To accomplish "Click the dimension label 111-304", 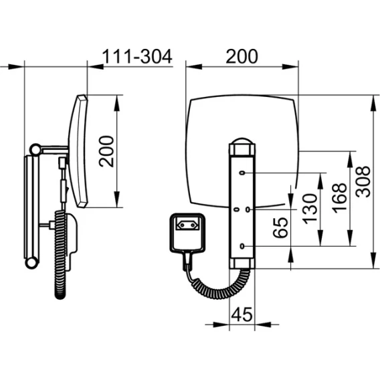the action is coord(137,56).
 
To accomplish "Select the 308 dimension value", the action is coord(363,181).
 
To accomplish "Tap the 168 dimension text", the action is coord(339,198).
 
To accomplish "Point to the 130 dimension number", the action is coord(310,209).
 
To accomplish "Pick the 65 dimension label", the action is coord(280,227).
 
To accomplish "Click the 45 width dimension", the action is coord(242,314).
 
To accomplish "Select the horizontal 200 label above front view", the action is coord(242,56).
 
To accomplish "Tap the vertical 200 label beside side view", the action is coord(106,151).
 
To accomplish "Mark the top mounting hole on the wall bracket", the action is coord(242,173).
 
